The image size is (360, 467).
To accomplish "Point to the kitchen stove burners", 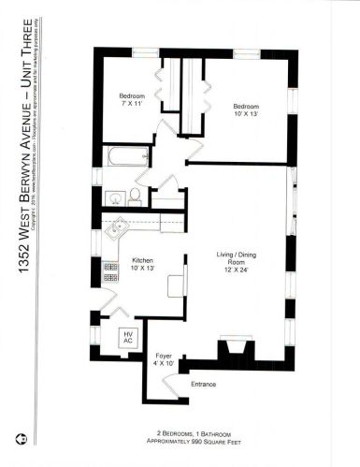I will point(110,271).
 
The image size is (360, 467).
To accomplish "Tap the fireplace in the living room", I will point(231,352).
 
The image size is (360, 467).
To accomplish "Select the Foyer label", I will point(162,356).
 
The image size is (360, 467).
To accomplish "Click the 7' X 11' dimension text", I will point(130,103).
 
